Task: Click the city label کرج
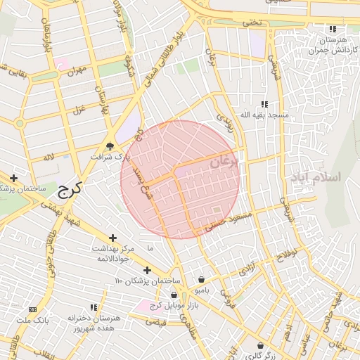click(69, 188)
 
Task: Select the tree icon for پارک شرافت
click(110, 146)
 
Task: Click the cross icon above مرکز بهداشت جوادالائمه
click(113, 238)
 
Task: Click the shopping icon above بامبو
click(202, 279)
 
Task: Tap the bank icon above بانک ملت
click(32, 309)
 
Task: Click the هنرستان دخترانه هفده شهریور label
click(94, 323)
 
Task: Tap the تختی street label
click(251, 23)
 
